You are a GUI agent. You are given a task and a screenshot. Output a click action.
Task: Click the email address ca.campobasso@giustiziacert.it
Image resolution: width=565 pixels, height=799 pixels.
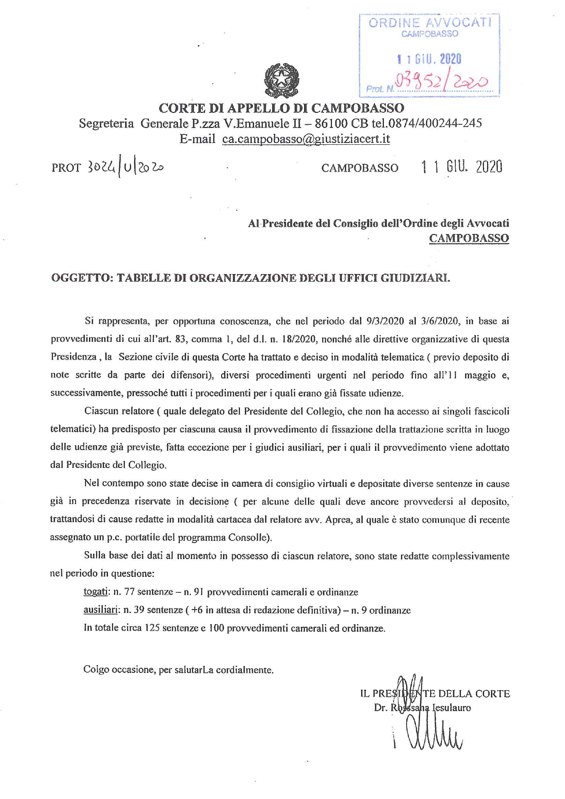click(306, 139)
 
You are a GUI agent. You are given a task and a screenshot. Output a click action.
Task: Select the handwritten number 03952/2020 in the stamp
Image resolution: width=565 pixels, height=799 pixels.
click(442, 82)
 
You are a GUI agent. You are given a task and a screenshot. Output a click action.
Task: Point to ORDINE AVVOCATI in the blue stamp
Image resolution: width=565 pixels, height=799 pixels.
click(430, 23)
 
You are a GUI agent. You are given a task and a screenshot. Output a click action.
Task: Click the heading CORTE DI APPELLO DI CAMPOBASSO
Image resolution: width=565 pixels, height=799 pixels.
click(281, 108)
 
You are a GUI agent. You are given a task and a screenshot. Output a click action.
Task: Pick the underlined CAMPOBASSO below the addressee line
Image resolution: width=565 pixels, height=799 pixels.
click(469, 238)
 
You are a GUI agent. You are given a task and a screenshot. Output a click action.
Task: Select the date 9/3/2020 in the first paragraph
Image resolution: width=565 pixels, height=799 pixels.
click(385, 321)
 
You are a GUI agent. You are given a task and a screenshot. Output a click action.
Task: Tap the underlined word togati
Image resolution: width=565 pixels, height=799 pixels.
click(95, 592)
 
